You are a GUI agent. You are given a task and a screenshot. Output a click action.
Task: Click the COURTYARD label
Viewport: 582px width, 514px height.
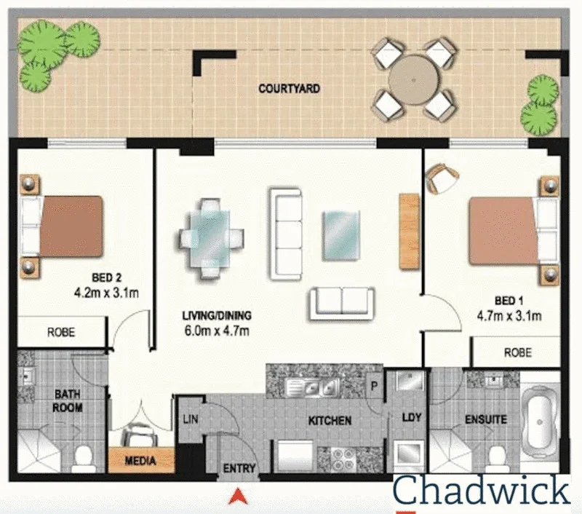pos(289,89)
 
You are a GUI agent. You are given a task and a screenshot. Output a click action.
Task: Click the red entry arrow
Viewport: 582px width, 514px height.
pos(237,497)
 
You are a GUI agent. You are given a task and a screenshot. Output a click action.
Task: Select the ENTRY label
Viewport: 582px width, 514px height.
pos(239,469)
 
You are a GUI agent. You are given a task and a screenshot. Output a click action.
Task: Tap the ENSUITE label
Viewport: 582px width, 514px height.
pos(486,420)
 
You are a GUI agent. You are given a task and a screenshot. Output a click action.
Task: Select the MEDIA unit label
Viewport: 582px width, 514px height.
pos(141,461)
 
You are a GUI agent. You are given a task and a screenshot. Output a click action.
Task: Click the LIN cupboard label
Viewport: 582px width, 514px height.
pos(190,420)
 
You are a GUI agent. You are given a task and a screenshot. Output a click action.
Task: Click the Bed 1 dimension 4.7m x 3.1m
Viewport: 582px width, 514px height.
pos(509,316)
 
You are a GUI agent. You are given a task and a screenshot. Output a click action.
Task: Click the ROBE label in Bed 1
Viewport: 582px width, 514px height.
pos(517,352)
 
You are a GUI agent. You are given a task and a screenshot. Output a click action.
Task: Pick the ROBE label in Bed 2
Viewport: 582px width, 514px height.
pos(61,332)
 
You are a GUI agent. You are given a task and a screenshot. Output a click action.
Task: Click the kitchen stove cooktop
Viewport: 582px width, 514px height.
pos(341,458)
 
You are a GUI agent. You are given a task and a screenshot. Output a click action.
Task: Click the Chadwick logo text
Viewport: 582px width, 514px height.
pos(482,491)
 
